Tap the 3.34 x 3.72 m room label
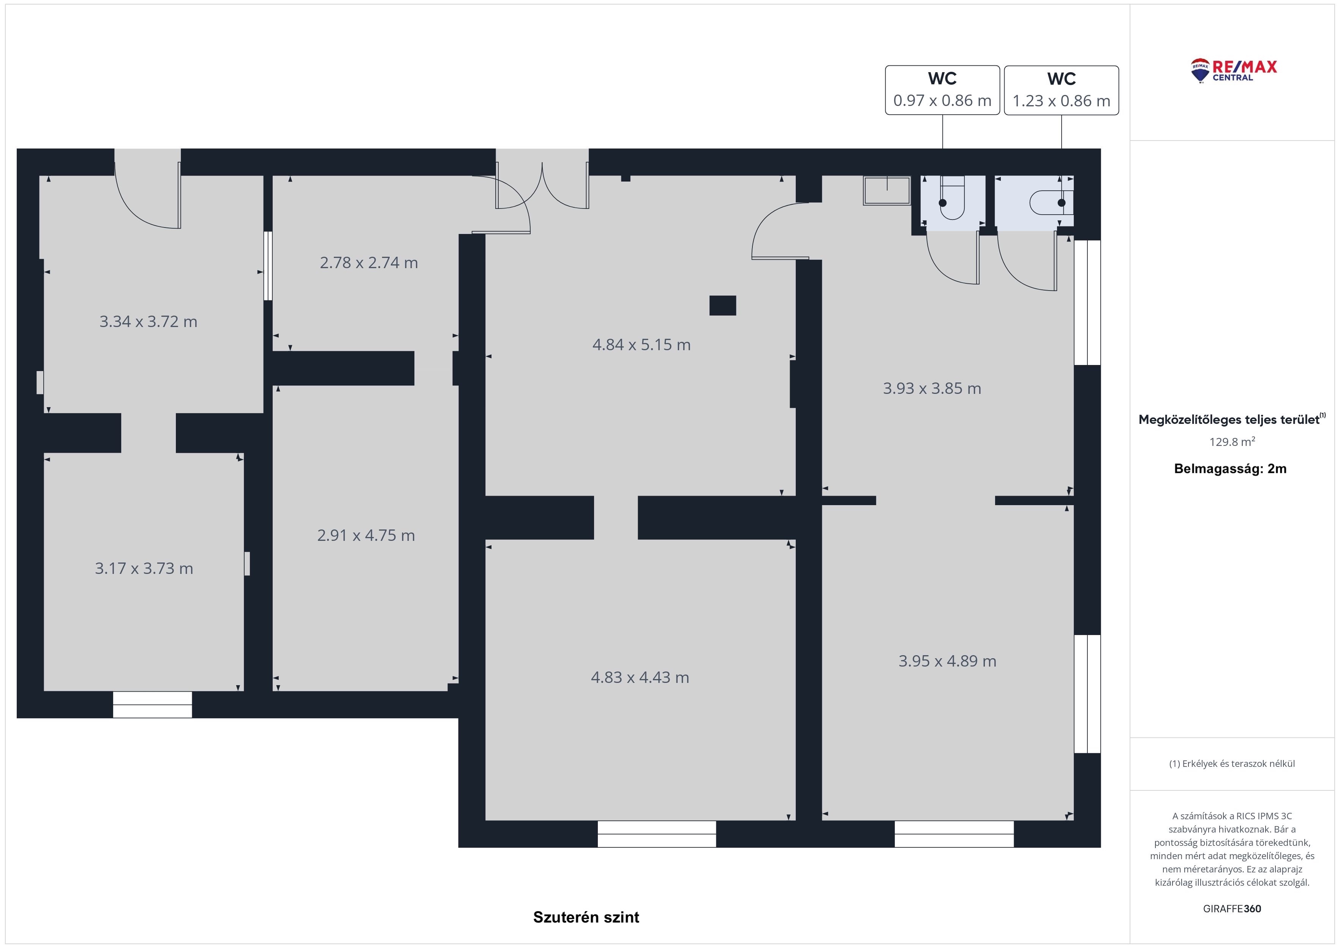pyautogui.click(x=148, y=322)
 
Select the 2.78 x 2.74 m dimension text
pyautogui.click(x=369, y=263)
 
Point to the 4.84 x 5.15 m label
pyautogui.click(x=642, y=344)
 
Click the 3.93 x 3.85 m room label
pyautogui.click(x=932, y=388)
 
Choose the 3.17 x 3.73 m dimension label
pyautogui.click(x=144, y=569)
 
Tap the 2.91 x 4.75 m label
pyautogui.click(x=366, y=535)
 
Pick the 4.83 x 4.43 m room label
pyautogui.click(x=640, y=677)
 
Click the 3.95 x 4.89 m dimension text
pyautogui.click(x=947, y=661)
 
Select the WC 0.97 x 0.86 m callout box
pyautogui.click(x=943, y=90)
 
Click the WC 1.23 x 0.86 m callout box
pyautogui.click(x=1062, y=90)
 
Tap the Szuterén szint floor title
pyautogui.click(x=586, y=917)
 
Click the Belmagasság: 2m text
pyautogui.click(x=1230, y=469)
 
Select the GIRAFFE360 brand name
pyautogui.click(x=1232, y=909)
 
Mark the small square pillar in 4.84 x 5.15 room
pyautogui.click(x=722, y=305)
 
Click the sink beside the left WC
pyautogui.click(x=887, y=191)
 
